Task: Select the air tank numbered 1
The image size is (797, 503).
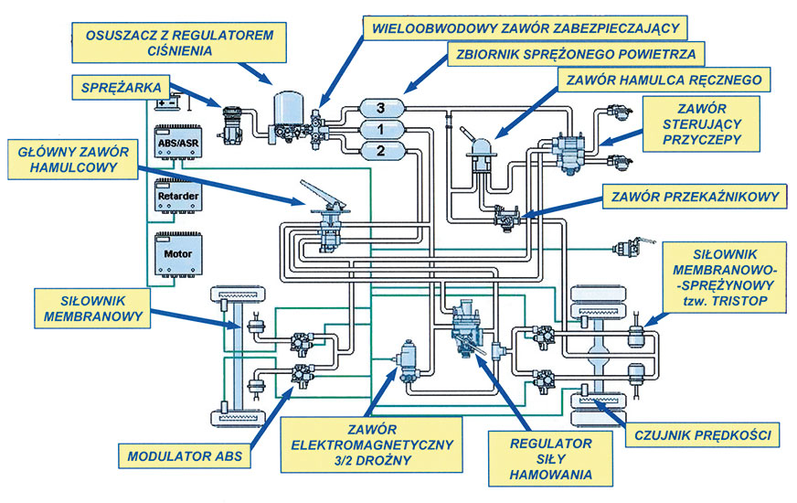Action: coord(382,129)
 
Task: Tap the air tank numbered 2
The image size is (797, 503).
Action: coord(382,148)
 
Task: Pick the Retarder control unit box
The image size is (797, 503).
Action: coord(177,196)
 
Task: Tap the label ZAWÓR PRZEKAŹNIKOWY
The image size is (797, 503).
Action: coord(691,196)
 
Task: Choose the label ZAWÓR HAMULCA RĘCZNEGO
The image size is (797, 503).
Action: coord(665,80)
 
